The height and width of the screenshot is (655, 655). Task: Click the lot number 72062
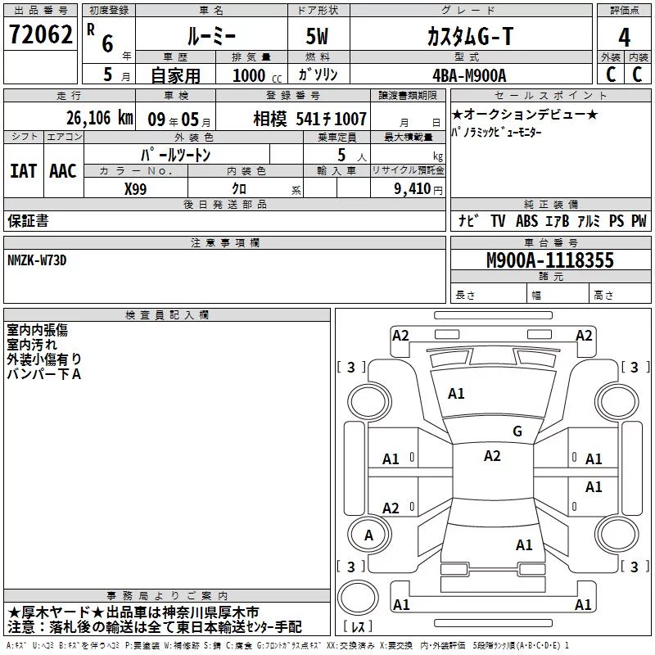point(40,34)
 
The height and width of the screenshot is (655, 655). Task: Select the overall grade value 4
point(624,38)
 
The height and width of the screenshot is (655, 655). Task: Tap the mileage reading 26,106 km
point(100,118)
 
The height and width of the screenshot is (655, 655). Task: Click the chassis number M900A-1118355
point(550,260)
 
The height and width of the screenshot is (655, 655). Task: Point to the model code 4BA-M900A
point(469,75)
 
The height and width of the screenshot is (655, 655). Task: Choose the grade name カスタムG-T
point(469,36)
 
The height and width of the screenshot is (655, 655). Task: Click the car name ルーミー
point(211,36)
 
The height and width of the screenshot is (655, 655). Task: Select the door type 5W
point(318,36)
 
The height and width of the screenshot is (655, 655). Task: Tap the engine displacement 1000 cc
point(257,75)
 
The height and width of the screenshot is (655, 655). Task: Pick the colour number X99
point(135,189)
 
